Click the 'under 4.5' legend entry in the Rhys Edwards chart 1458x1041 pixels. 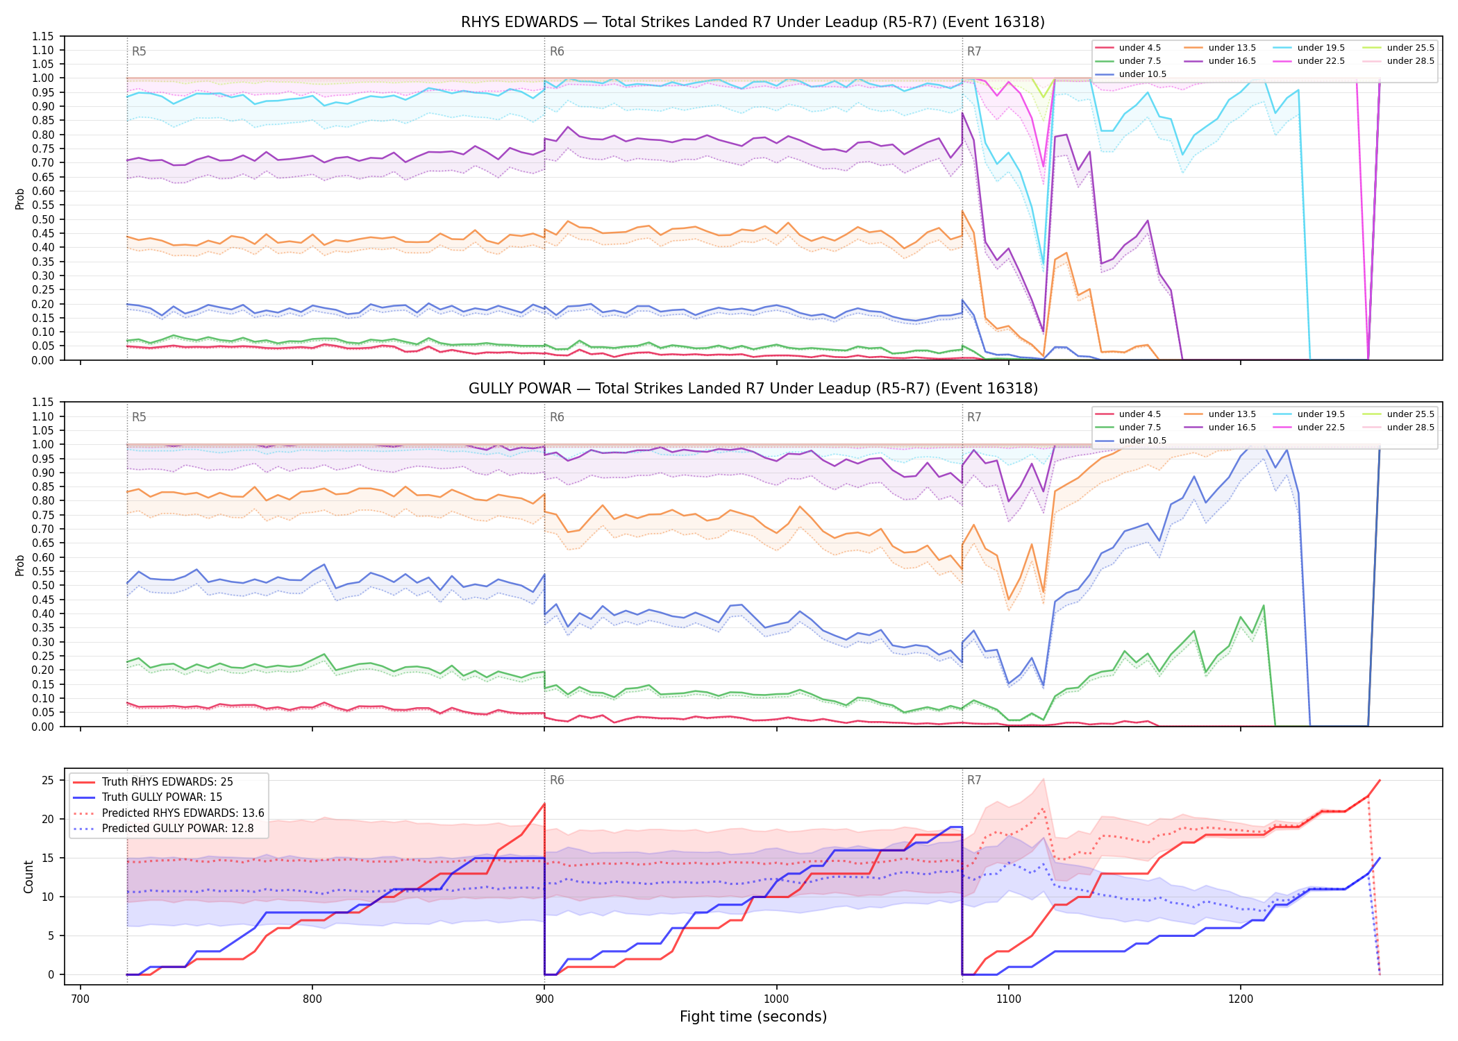point(1128,48)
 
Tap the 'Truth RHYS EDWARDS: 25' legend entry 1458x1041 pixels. point(153,781)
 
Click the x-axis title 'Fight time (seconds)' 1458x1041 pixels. point(753,1017)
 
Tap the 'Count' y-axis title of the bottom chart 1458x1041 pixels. point(28,877)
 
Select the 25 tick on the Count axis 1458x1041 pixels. point(48,780)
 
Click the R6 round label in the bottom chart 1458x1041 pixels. point(557,780)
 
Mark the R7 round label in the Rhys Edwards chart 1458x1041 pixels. point(974,51)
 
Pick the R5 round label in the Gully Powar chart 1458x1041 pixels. point(139,417)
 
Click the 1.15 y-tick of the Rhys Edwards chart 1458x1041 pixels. point(44,36)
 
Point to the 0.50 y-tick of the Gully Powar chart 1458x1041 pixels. point(44,585)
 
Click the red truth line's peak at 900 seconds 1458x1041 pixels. point(544,804)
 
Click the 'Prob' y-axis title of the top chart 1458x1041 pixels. point(20,198)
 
